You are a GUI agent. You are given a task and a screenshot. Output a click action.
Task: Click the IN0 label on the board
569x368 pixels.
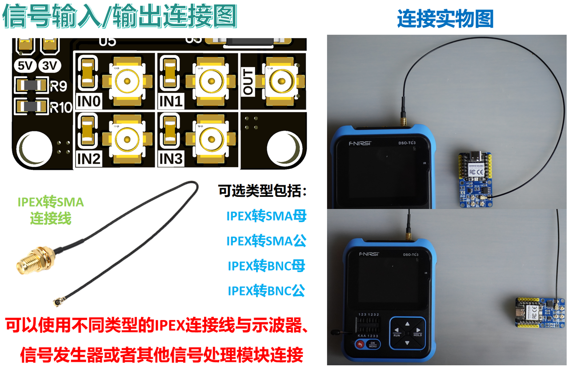(88, 101)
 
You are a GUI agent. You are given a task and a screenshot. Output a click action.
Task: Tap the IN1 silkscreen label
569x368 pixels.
(171, 101)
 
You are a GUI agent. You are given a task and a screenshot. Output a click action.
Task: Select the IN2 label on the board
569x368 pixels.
(88, 159)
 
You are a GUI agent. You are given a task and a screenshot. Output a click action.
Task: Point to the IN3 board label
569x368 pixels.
(171, 159)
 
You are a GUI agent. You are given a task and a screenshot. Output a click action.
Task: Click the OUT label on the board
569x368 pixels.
(248, 82)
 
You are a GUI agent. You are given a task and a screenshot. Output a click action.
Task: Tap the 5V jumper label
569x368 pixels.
(25, 66)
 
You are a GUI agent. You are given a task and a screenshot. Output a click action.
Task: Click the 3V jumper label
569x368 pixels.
(49, 66)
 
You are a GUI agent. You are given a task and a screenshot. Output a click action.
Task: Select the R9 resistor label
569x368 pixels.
(59, 86)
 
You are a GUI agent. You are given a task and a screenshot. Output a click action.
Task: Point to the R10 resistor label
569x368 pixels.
(61, 108)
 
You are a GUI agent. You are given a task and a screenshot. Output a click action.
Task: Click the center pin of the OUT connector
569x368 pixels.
(281, 81)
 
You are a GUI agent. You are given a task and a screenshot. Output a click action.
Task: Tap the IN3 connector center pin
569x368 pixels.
(211, 140)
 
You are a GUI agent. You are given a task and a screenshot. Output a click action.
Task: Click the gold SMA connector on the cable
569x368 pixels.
(36, 260)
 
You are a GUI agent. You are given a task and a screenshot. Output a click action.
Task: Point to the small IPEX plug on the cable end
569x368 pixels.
(56, 302)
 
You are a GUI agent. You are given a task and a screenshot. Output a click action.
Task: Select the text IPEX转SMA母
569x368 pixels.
(266, 216)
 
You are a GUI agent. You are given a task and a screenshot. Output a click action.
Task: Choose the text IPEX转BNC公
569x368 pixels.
(266, 291)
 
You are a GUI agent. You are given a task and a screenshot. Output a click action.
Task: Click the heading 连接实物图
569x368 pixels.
(445, 18)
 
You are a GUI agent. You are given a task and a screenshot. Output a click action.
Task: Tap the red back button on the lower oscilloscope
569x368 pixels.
(360, 344)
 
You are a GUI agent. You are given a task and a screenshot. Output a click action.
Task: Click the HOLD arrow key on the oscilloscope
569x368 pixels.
(417, 331)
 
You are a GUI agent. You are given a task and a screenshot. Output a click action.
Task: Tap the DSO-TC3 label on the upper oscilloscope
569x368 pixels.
(407, 143)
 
